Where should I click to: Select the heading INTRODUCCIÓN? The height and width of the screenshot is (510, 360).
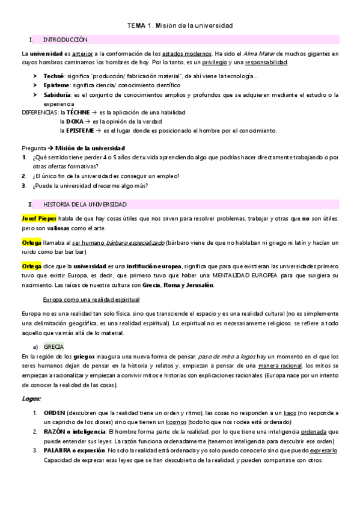coord(66,40)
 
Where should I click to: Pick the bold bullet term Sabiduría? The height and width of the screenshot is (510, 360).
coord(58,95)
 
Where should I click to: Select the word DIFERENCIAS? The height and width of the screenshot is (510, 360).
coord(40,112)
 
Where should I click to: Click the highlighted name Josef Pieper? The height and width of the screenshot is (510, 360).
coord(39,217)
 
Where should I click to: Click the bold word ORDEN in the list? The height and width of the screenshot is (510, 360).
coord(55,413)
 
